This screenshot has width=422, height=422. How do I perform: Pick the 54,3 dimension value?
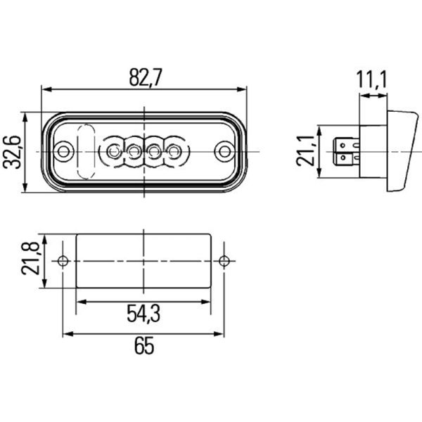coord(143,314)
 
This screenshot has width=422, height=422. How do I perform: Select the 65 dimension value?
coord(143,347)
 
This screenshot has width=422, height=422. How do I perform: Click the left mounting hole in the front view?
coord(63,151)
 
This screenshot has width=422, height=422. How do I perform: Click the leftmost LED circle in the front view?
coord(113,151)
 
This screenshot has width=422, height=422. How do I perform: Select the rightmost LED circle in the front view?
coord(174,151)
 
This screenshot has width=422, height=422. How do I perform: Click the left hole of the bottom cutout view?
coord(63,262)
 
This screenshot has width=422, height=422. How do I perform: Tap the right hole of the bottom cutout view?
coord(224,262)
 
